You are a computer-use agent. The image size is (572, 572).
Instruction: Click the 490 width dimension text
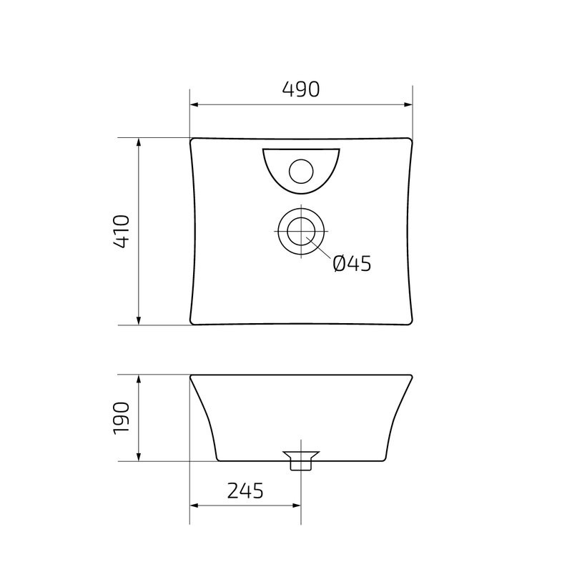(300, 89)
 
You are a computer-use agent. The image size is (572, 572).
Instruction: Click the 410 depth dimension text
(121, 231)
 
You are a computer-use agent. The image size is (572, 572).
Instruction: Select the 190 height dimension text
(121, 418)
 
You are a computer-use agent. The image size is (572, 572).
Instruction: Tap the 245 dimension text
(245, 490)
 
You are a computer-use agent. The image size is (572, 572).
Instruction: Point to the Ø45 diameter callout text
(352, 264)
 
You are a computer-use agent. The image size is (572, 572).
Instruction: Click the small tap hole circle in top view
(300, 171)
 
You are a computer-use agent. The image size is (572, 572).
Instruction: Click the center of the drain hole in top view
(301, 231)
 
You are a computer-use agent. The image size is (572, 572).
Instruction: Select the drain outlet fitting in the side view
(300, 460)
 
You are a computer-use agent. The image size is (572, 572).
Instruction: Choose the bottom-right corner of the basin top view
(410, 322)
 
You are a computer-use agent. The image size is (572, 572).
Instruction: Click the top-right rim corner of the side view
(411, 375)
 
